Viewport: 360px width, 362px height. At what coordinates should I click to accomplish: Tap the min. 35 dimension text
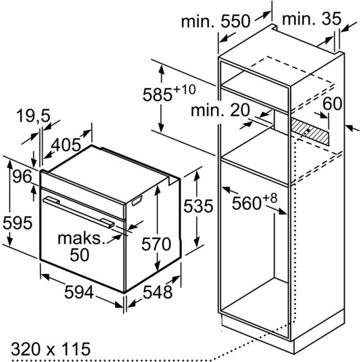(312, 19)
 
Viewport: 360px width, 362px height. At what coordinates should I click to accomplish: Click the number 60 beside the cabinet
(333, 103)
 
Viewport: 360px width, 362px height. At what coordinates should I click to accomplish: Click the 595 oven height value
(18, 223)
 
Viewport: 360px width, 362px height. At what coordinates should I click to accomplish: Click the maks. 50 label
(80, 246)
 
